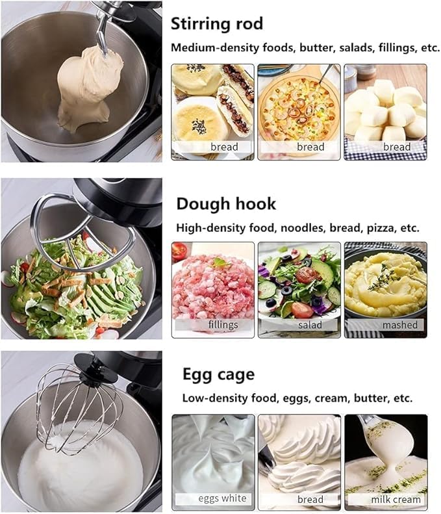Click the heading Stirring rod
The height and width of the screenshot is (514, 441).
coord(216,25)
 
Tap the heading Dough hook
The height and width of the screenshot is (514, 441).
coord(226,204)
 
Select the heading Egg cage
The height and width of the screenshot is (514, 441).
coord(218,374)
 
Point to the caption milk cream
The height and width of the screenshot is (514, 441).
coord(396,499)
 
